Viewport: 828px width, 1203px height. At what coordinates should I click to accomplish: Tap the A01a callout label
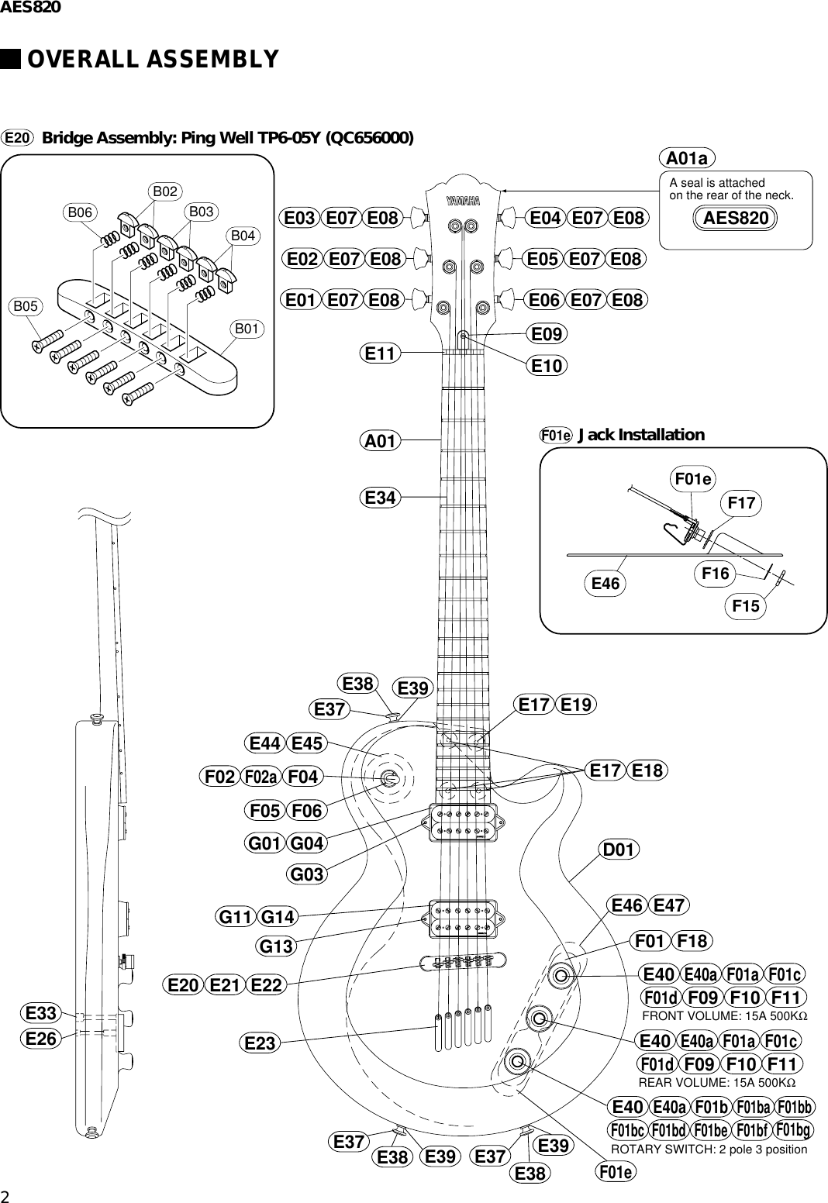pos(687,159)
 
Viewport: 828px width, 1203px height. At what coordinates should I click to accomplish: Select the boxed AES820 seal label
pos(736,219)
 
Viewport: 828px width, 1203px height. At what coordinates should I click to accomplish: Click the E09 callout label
pos(547,334)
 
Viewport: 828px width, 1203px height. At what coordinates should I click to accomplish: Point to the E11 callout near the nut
pos(381,354)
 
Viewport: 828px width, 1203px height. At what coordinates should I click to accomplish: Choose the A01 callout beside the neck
pos(381,441)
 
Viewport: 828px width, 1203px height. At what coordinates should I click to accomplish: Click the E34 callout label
pos(381,498)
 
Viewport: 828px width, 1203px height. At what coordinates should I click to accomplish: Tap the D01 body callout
pos(619,850)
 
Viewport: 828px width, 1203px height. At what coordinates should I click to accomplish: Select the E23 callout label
pos(260,1044)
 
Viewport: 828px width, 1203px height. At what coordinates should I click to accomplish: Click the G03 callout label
pos(307,875)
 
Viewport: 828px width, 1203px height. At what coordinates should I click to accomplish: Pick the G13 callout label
pos(276,946)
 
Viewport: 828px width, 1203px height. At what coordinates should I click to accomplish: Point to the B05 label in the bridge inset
pos(26,306)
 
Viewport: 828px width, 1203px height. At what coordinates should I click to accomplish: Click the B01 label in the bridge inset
pos(247,329)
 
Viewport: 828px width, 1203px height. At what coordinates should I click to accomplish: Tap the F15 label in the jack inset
pos(746,607)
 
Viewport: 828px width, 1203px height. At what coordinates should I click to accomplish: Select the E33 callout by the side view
pos(40,1013)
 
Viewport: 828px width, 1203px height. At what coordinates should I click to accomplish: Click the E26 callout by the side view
pos(40,1038)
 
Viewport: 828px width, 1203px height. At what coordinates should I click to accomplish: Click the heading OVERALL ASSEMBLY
pos(153,59)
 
